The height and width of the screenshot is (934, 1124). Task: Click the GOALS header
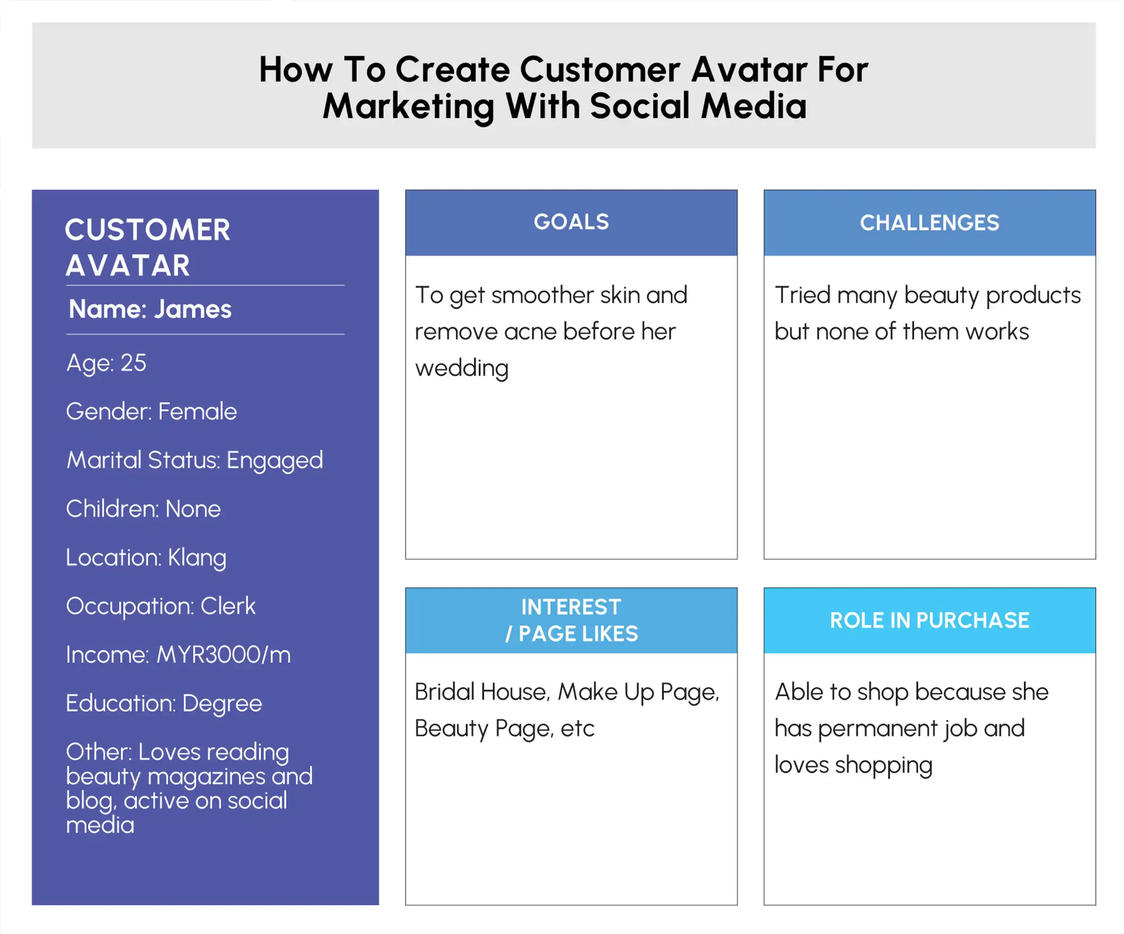(x=571, y=222)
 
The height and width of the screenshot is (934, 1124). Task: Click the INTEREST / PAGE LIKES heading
(x=571, y=620)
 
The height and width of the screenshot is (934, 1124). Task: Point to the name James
(x=193, y=309)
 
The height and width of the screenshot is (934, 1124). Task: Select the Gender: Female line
(x=151, y=412)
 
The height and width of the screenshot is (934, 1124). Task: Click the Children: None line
(x=143, y=509)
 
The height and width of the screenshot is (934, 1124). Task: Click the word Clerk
(x=228, y=607)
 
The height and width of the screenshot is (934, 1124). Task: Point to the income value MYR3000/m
(x=224, y=655)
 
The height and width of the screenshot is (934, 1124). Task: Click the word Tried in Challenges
(x=803, y=295)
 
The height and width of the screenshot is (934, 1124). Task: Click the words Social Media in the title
(x=698, y=106)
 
